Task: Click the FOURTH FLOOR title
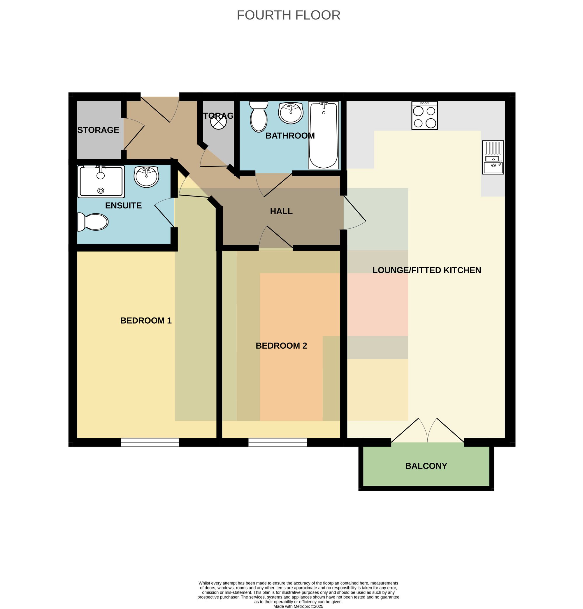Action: [x=288, y=15]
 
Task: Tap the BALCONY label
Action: [x=426, y=466]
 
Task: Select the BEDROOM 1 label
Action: [x=146, y=320]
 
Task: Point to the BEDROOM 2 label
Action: [x=281, y=345]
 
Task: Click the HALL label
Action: [x=281, y=211]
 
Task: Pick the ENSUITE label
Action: [x=123, y=206]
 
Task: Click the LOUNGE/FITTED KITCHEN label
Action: [x=427, y=270]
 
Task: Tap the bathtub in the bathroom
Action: [x=324, y=135]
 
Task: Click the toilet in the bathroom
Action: [x=259, y=117]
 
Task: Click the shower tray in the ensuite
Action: [x=101, y=181]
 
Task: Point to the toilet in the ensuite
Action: [x=93, y=222]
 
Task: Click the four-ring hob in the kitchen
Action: [x=424, y=115]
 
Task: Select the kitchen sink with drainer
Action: [x=493, y=157]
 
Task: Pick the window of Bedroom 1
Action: [x=150, y=442]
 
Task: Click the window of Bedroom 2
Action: [x=278, y=442]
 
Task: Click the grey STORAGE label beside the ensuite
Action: [x=98, y=130]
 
